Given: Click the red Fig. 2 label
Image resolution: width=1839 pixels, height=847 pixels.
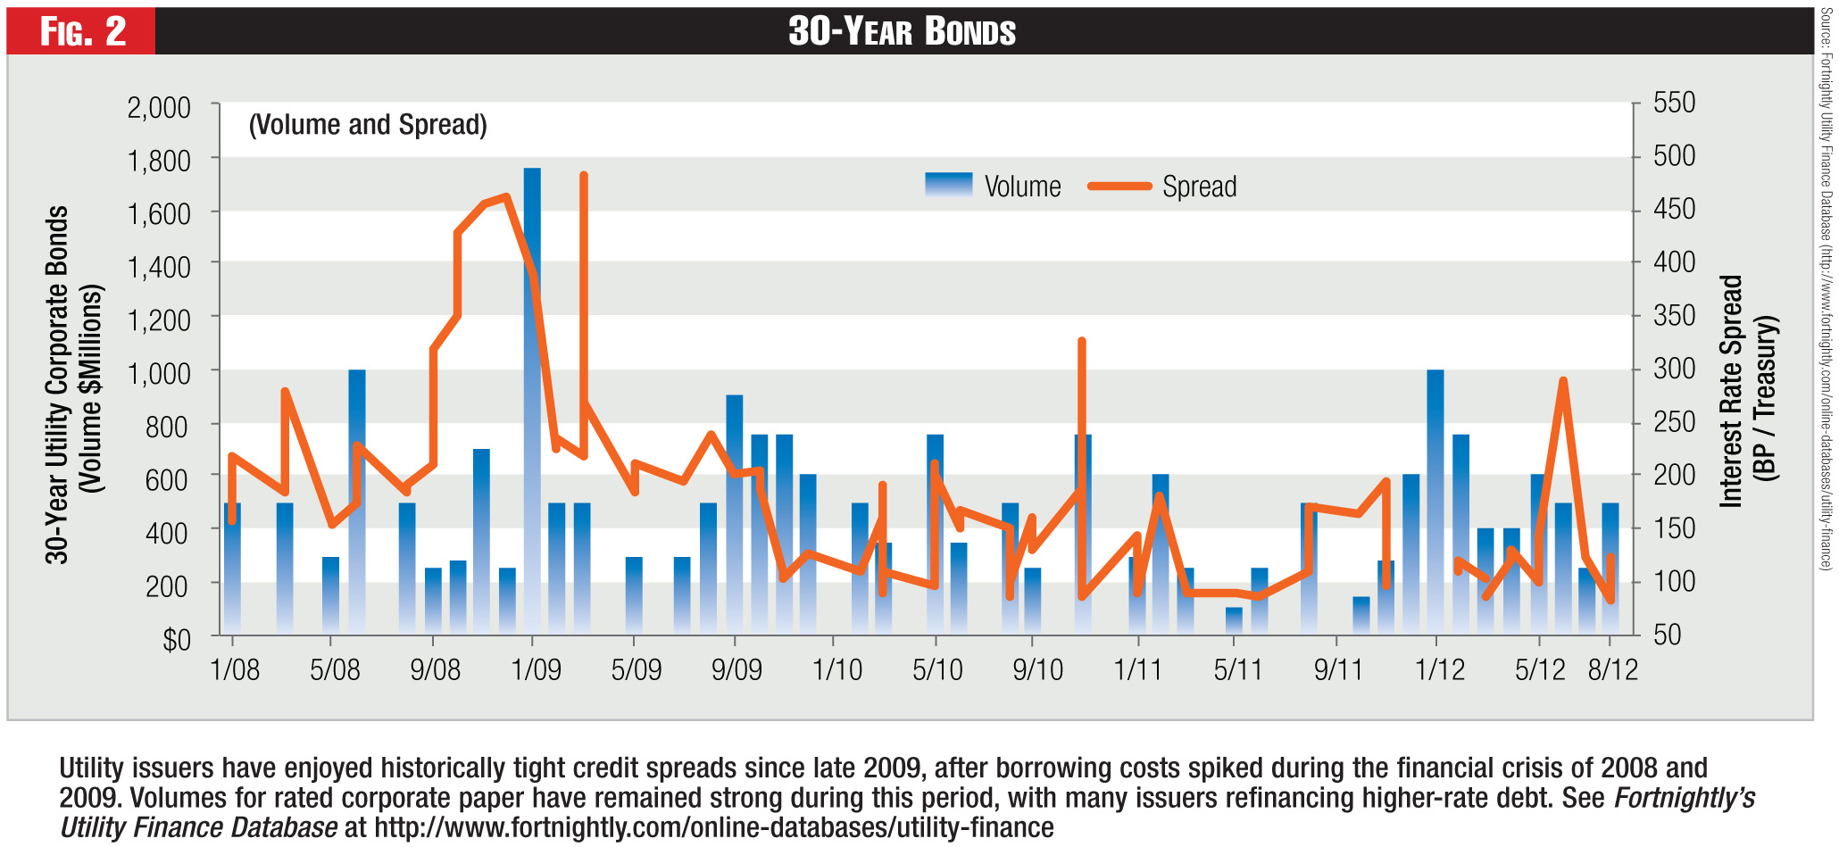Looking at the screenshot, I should [x=82, y=32].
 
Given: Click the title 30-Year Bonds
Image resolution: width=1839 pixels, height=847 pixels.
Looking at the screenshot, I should [x=902, y=32].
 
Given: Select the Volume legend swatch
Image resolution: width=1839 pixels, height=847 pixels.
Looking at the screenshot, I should [x=948, y=185].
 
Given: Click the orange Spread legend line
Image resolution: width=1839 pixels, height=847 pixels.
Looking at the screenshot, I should [x=1119, y=187].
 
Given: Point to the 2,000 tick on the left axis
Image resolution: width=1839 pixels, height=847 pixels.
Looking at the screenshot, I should [x=159, y=108].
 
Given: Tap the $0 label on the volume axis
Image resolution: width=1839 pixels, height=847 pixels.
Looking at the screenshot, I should [x=176, y=640].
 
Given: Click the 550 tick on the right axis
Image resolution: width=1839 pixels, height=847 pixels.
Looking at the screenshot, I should [x=1674, y=103].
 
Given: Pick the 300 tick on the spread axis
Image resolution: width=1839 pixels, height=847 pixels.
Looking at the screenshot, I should [x=1674, y=369].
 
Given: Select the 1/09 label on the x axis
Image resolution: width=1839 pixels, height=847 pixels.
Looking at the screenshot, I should [x=536, y=669].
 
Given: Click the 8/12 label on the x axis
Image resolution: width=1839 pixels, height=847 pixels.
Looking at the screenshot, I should [x=1612, y=669].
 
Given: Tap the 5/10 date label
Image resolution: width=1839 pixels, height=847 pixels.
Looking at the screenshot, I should [x=937, y=669].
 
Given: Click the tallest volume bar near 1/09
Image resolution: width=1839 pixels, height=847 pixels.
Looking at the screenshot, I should [x=532, y=402].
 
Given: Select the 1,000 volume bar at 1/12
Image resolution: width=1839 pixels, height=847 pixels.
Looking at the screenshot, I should [x=1435, y=500].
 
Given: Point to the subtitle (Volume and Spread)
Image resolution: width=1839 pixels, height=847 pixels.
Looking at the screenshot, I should [x=368, y=125].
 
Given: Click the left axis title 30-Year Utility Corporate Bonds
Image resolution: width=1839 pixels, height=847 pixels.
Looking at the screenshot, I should [x=57, y=384].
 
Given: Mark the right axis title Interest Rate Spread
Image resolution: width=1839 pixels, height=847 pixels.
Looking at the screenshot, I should [x=1732, y=391].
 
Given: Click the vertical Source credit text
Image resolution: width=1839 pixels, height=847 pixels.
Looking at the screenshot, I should [x=1827, y=286].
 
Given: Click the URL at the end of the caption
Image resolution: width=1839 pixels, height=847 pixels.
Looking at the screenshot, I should [x=713, y=827].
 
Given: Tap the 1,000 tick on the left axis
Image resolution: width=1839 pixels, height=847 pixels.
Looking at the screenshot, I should [x=159, y=373].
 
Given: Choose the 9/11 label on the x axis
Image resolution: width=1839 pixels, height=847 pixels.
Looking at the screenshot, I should [x=1338, y=669].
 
